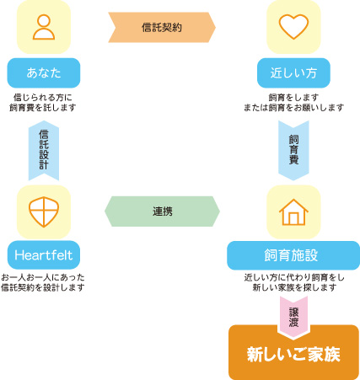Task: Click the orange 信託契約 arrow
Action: pyautogui.click(x=162, y=27)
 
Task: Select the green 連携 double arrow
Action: pyautogui.click(x=162, y=211)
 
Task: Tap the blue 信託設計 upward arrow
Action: pyautogui.click(x=44, y=150)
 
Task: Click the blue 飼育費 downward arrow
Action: pyautogui.click(x=293, y=150)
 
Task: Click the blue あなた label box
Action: pyautogui.click(x=44, y=73)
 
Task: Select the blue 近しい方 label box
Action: pyautogui.click(x=293, y=73)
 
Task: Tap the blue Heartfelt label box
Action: pyautogui.click(x=44, y=255)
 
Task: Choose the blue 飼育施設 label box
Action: pyautogui.click(x=293, y=255)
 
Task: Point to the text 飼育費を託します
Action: pyautogui.click(x=43, y=108)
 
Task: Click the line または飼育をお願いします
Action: pyautogui.click(x=293, y=108)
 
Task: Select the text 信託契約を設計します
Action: pyautogui.click(x=43, y=287)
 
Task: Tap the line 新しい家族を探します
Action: pyautogui.click(x=294, y=287)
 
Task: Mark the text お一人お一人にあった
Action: pyautogui.click(x=43, y=277)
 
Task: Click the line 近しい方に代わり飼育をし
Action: pyautogui.click(x=294, y=277)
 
